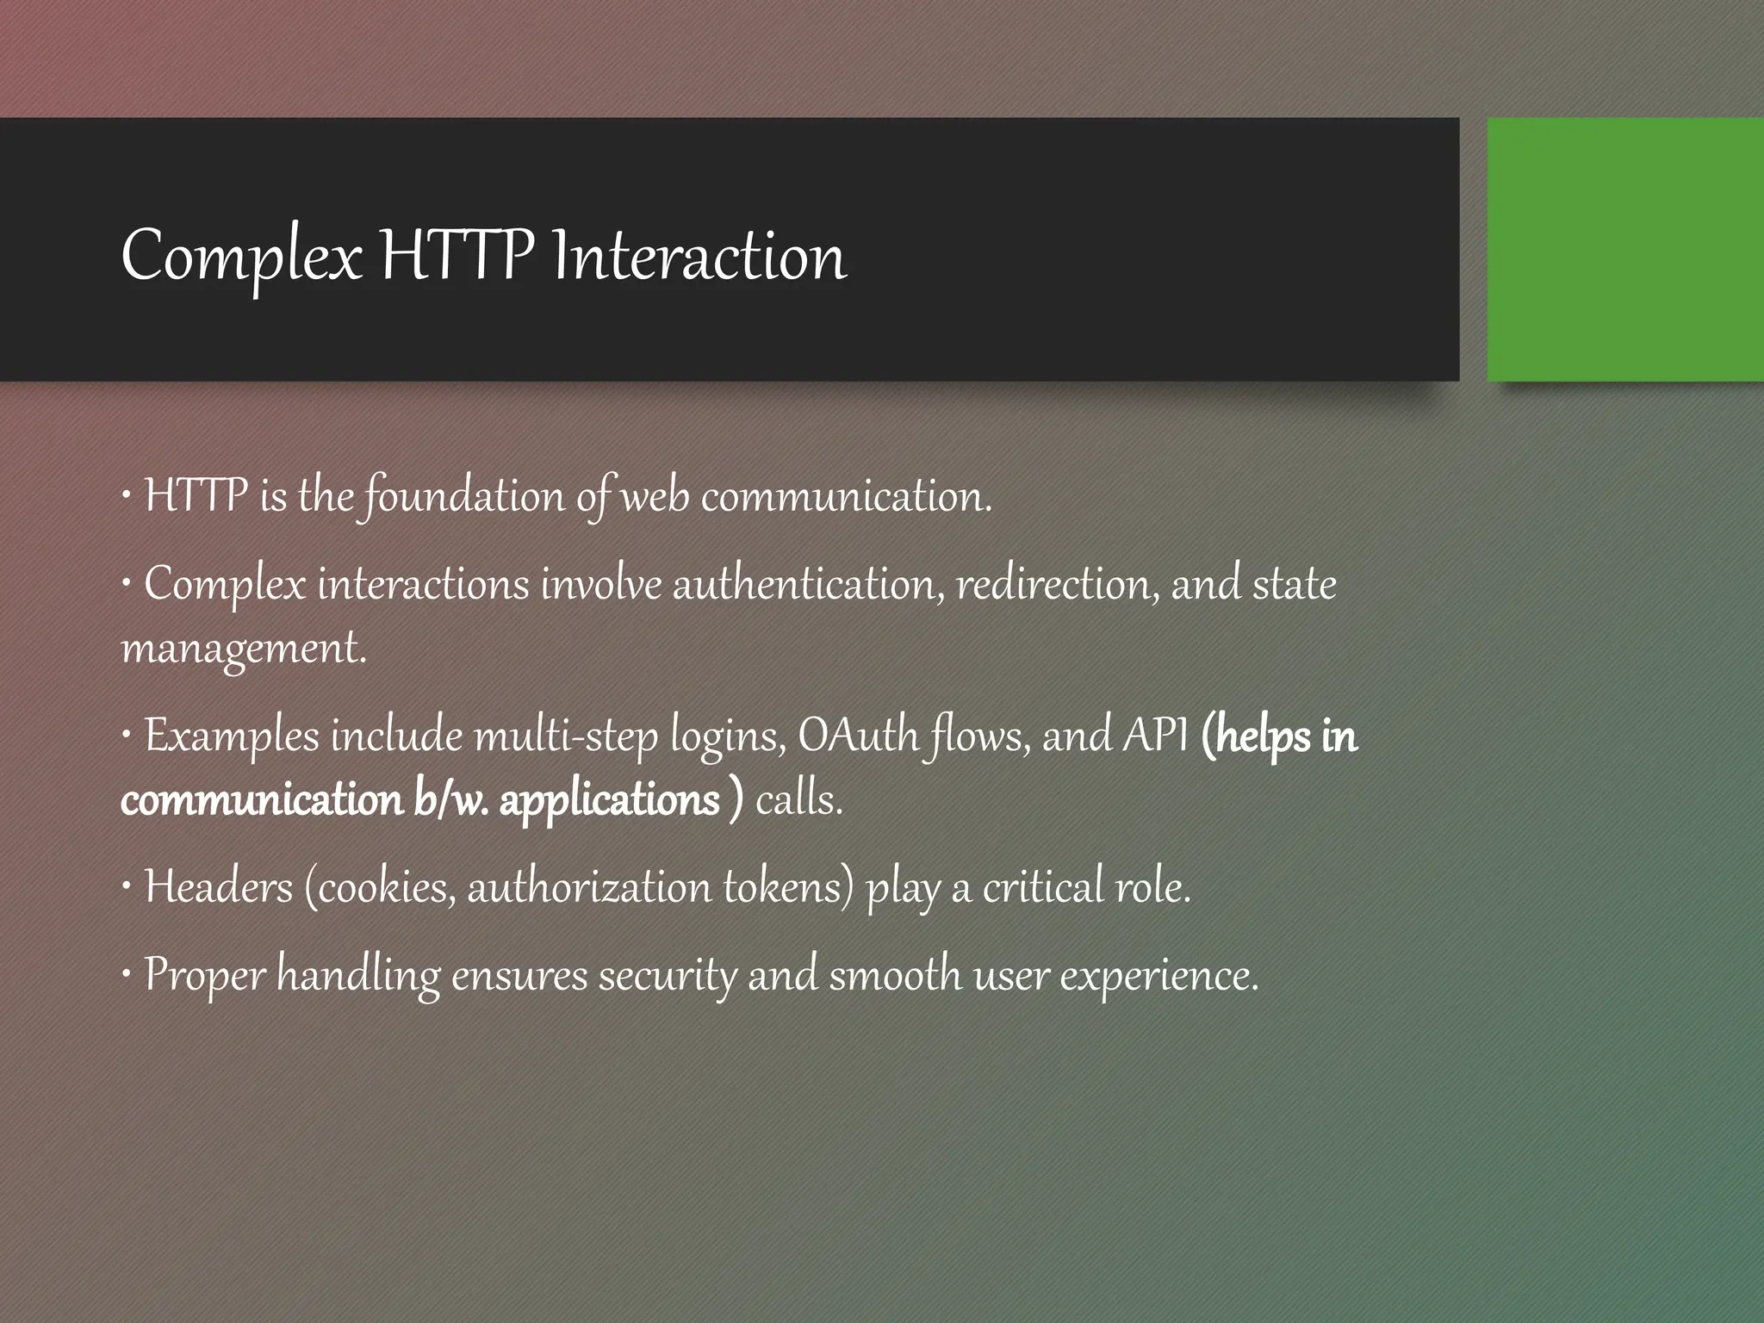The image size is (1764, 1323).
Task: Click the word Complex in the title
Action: click(x=241, y=258)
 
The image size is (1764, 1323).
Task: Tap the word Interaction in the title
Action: click(x=699, y=258)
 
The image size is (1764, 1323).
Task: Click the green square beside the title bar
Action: click(x=1624, y=250)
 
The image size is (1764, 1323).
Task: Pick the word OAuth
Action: click(x=859, y=736)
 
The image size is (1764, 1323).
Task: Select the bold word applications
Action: click(x=609, y=800)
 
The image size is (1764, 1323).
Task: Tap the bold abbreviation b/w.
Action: click(x=451, y=800)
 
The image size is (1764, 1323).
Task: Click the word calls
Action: click(x=798, y=800)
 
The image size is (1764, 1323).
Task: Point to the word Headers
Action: click(x=219, y=887)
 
